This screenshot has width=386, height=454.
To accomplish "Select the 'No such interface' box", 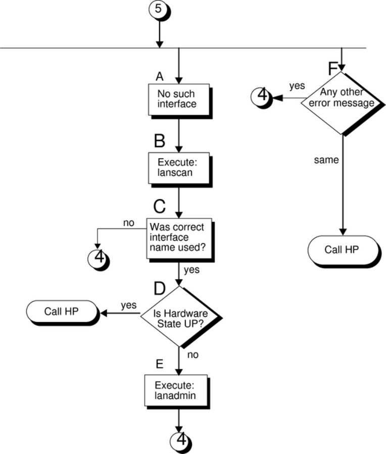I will [x=178, y=99].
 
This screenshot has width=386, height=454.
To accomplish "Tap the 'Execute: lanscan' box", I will [x=178, y=168].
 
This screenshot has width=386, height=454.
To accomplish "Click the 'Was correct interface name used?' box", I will [x=178, y=238].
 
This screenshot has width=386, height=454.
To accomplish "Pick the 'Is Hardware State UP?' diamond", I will [x=180, y=316].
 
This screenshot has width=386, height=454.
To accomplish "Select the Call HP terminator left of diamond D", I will [x=60, y=311].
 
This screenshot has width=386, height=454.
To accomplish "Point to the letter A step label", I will [x=160, y=76].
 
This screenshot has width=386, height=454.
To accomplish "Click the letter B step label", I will [x=159, y=142].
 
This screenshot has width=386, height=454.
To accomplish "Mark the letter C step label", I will [x=160, y=207].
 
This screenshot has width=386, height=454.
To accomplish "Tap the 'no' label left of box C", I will [x=129, y=222].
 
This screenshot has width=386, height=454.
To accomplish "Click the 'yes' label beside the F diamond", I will [x=297, y=85].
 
